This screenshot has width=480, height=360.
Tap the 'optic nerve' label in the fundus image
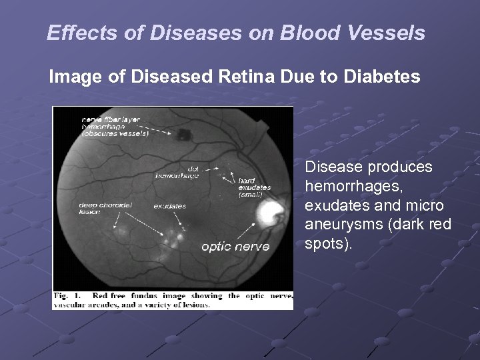click(x=235, y=247)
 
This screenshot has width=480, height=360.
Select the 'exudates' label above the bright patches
click(x=169, y=207)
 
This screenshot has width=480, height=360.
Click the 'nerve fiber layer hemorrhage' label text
click(x=114, y=125)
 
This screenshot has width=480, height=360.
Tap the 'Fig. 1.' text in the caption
click(x=67, y=295)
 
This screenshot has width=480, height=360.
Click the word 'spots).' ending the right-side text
click(x=326, y=243)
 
